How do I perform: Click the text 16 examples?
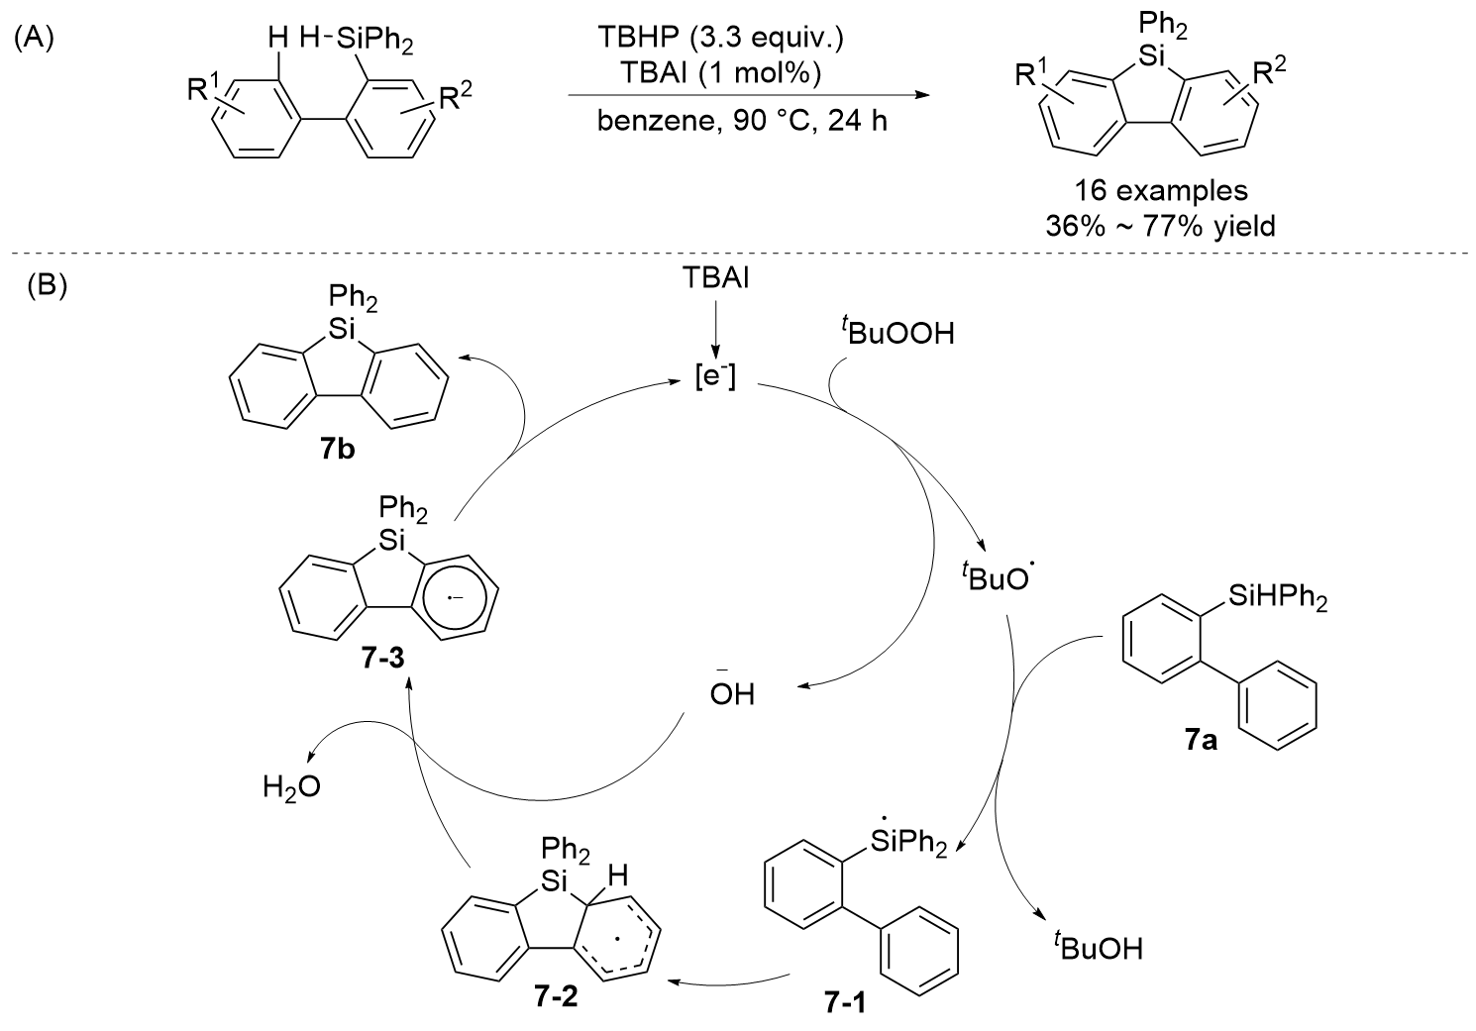(x=1160, y=193)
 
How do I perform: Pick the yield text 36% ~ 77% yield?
(x=1160, y=226)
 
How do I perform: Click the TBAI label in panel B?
(x=713, y=280)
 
